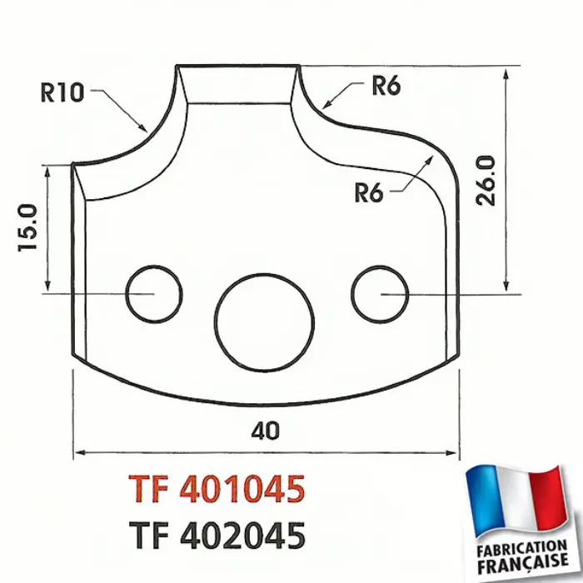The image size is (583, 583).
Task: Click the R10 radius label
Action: (62, 92)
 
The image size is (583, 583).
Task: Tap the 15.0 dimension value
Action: (27, 227)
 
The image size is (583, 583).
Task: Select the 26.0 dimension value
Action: (486, 181)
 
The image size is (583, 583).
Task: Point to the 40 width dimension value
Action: (265, 431)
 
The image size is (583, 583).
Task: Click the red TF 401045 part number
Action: (217, 489)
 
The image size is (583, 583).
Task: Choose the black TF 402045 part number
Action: (217, 536)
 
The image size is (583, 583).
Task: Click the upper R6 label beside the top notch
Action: (386, 86)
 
